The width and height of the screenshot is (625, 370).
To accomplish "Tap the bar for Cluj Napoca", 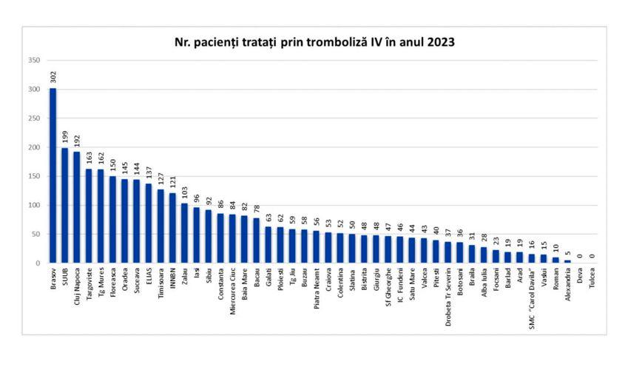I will pos(76,206).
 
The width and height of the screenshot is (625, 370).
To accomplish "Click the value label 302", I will pos(53,76).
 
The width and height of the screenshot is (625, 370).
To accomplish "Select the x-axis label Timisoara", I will pos(161,283).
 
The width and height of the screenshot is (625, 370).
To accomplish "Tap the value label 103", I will pos(184,192).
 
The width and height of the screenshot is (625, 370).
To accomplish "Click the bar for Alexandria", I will pos(567,261).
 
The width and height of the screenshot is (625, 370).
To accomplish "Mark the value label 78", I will pos(256,208).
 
